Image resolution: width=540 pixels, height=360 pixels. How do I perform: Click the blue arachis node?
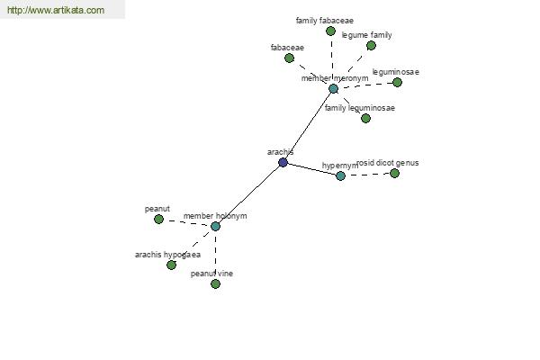[283, 162]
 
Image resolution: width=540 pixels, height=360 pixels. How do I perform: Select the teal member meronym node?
[333, 88]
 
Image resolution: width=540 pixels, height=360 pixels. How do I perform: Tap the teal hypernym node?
[340, 175]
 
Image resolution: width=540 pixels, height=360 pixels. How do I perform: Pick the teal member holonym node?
[215, 226]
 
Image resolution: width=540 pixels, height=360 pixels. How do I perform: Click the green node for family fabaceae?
[330, 31]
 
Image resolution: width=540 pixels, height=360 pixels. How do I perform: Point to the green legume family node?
[371, 45]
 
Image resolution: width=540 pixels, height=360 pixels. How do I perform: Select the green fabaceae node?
[289, 58]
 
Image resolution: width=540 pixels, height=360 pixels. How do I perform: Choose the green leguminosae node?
[397, 82]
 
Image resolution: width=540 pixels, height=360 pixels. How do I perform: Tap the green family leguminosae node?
[365, 118]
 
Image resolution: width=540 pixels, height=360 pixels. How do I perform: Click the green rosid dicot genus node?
[394, 173]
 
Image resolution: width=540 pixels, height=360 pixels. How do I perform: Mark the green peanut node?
[158, 219]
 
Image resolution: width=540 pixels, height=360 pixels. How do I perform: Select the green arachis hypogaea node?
[171, 265]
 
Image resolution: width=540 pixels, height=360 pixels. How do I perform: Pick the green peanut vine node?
[215, 283]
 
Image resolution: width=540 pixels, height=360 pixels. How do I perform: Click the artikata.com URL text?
[56, 10]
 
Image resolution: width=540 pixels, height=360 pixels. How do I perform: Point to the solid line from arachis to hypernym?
[311, 169]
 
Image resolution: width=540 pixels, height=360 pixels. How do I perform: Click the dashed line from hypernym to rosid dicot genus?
[367, 175]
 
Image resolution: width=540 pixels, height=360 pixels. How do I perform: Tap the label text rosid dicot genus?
[388, 163]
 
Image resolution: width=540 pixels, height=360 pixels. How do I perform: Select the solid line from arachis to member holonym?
[249, 194]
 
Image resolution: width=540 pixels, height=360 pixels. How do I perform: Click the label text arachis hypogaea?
[167, 255]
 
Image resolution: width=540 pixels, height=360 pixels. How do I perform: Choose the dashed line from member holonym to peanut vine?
[215, 255]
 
